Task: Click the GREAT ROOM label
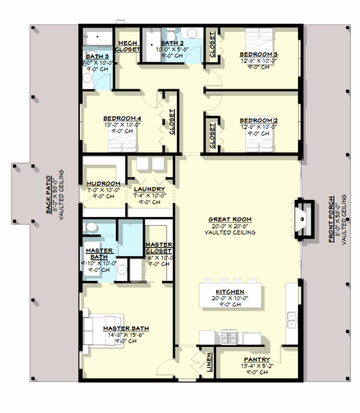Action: pos(230,219)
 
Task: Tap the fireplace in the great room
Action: pos(303,218)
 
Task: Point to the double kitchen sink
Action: pos(292,320)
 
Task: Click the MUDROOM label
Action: pos(103,184)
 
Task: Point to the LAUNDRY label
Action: pos(149,189)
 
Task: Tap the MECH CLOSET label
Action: pos(127,45)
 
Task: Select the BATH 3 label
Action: pos(97,57)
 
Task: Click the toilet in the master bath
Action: pos(91,228)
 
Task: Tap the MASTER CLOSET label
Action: pos(158,248)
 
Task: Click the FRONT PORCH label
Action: pos(332,219)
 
